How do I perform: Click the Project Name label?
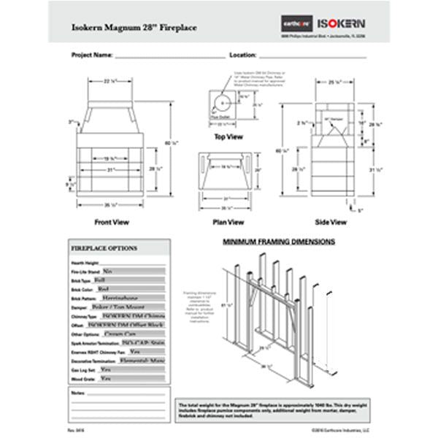[92, 55]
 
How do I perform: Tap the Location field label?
[242, 55]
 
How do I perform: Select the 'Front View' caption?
[112, 222]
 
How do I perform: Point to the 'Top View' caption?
[228, 137]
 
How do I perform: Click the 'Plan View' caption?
[228, 222]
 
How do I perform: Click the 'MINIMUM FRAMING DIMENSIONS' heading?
[278, 241]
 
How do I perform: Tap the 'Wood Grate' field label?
[82, 380]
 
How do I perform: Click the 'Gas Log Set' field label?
[82, 371]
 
